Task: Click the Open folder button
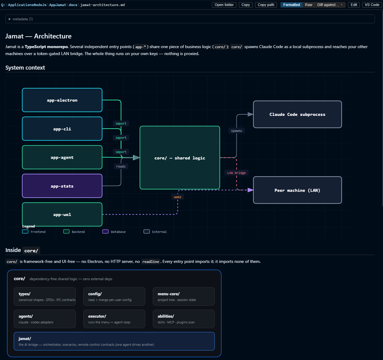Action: coord(224,5)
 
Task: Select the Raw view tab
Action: coord(308,5)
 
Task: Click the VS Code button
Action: coord(372,5)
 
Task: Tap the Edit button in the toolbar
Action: coord(354,5)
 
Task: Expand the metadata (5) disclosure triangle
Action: coord(10,19)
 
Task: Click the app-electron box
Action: coord(62,100)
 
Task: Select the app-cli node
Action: coord(62,129)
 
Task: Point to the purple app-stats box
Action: coord(62,186)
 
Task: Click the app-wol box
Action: coord(62,214)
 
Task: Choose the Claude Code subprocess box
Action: coord(297,114)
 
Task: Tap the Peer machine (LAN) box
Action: coord(297,190)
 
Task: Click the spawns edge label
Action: coord(236,131)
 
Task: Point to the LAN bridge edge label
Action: coord(236,173)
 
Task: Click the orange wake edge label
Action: coord(178,197)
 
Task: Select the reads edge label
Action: coord(121,166)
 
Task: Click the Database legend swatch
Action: coord(105,231)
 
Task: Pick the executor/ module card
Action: coord(114,319)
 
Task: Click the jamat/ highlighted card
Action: coord(114,341)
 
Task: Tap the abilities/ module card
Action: coord(183,319)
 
